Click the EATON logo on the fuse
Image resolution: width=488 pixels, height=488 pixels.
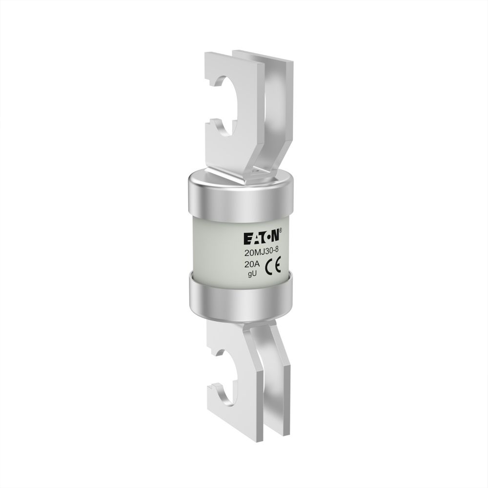(x=263, y=237)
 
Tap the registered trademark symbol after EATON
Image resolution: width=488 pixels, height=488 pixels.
(x=281, y=231)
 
